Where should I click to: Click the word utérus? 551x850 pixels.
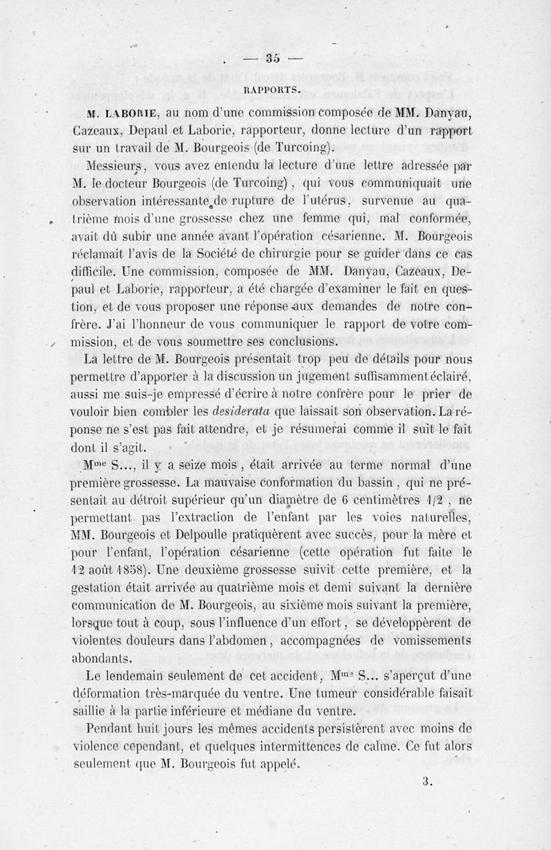pyautogui.click(x=336, y=201)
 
